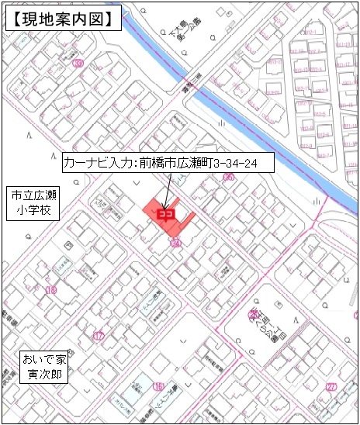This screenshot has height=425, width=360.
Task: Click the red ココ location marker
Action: pyautogui.click(x=164, y=213)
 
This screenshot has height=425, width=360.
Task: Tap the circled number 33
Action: pyautogui.click(x=77, y=65)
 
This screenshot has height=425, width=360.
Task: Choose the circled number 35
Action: pyautogui.click(x=228, y=177)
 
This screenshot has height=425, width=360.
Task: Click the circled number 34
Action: pyautogui.click(x=175, y=243)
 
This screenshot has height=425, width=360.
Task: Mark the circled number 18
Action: pyautogui.click(x=52, y=290)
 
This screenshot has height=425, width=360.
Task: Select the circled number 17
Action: pyautogui.click(x=98, y=336)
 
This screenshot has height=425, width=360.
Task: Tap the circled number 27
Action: pyautogui.click(x=331, y=386)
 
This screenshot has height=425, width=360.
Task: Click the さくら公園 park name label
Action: pyautogui.click(x=268, y=318)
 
